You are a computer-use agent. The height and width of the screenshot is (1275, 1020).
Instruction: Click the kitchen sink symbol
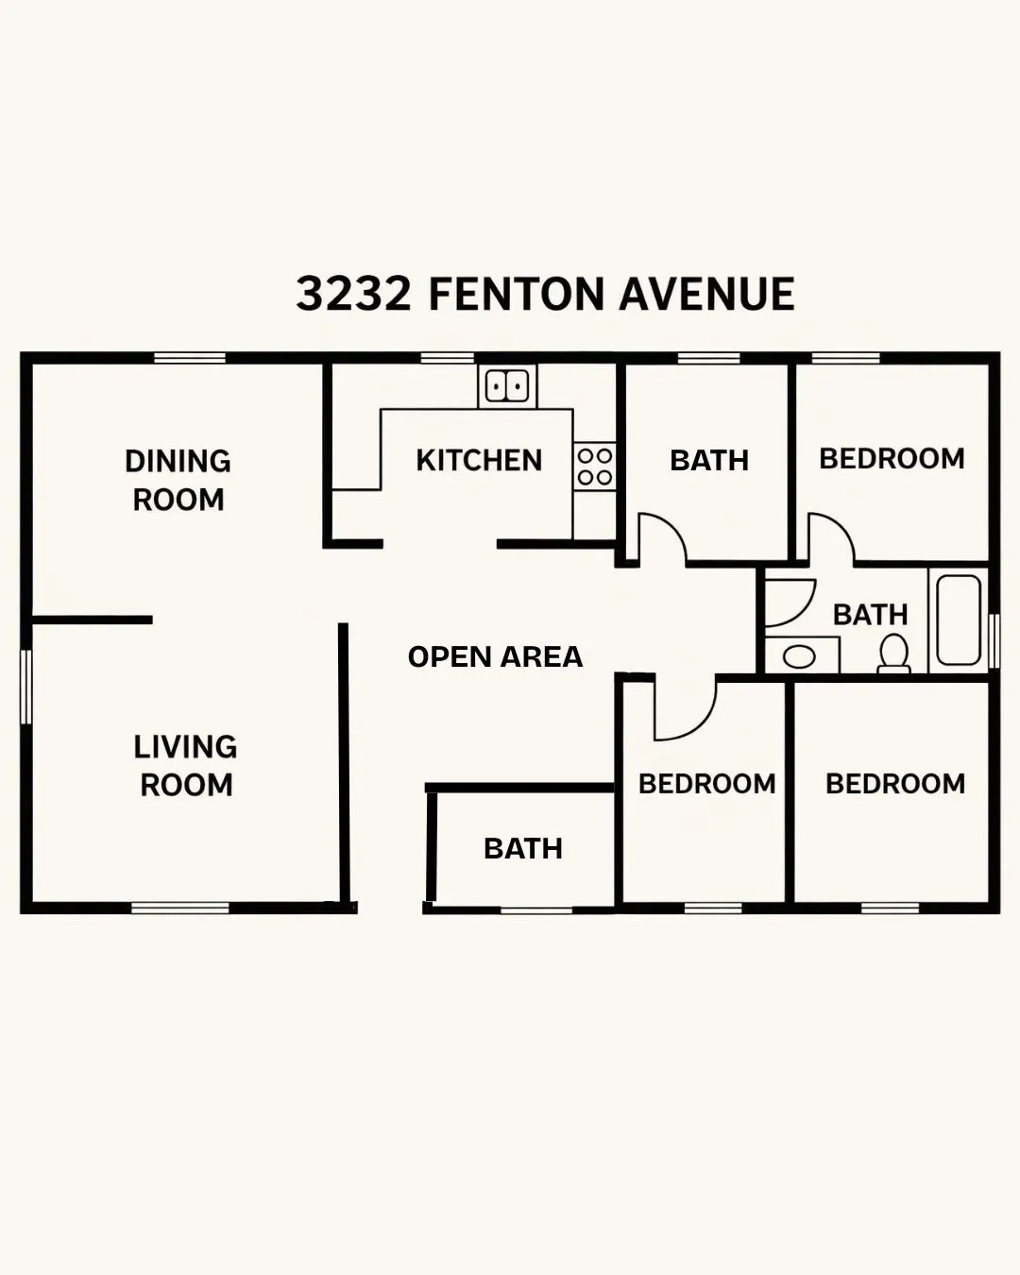tap(506, 386)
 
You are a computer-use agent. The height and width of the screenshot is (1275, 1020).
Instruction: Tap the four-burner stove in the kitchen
tap(595, 467)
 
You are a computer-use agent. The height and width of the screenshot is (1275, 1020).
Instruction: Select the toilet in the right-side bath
tap(893, 654)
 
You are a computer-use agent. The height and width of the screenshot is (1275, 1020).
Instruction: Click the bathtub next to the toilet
tap(959, 620)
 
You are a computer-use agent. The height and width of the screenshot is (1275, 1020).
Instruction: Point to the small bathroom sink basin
tap(800, 655)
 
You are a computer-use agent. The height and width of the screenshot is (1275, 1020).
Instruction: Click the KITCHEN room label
tap(479, 460)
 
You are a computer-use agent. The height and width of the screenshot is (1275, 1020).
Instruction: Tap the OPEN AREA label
tap(495, 656)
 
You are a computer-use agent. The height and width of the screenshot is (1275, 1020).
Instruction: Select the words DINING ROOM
tap(178, 480)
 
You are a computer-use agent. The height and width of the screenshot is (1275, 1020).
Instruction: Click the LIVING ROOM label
tap(185, 765)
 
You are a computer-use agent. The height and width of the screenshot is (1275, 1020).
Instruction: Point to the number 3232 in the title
tap(354, 294)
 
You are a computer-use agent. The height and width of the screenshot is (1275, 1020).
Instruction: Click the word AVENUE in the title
tap(706, 294)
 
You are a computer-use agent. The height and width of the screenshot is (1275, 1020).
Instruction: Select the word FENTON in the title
tap(516, 294)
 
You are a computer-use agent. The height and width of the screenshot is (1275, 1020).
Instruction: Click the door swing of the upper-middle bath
tap(661, 537)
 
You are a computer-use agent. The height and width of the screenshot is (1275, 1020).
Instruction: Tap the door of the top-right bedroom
tap(830, 536)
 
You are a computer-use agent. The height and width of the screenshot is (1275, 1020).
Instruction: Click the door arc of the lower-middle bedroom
tap(685, 710)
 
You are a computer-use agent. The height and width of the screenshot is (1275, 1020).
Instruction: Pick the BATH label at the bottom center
tap(523, 848)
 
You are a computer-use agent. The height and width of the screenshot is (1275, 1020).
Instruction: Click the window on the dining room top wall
tap(190, 358)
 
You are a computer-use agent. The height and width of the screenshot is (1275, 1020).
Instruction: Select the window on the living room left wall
tap(26, 687)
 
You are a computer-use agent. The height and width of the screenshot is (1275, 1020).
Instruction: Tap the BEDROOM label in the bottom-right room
tap(895, 783)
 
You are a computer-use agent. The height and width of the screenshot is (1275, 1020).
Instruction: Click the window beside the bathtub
tap(994, 641)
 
